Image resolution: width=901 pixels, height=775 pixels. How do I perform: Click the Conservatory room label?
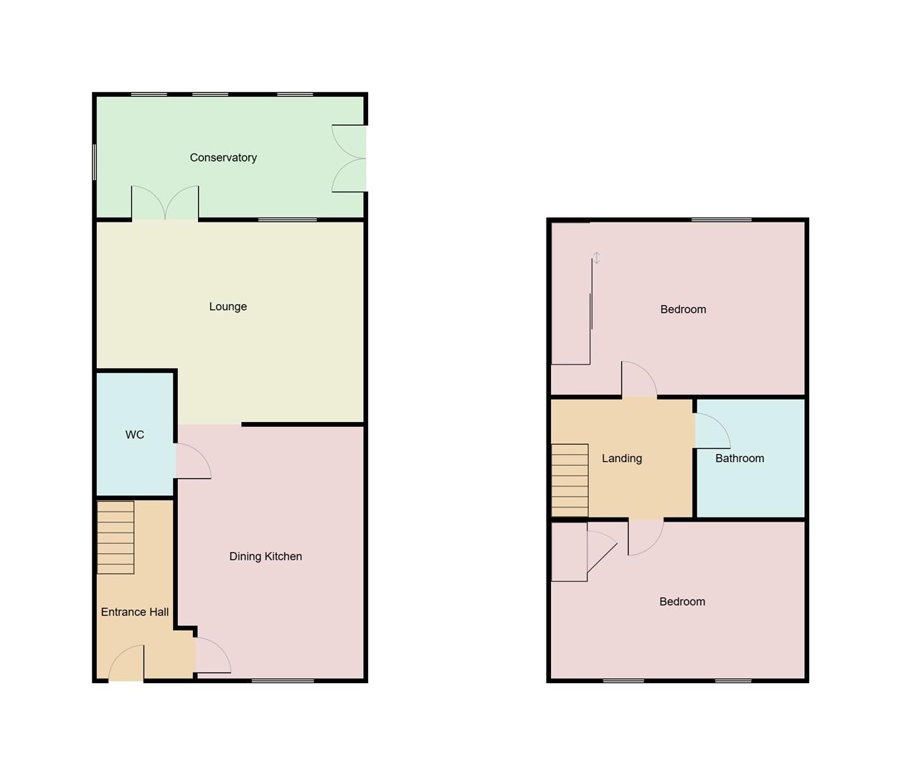223,158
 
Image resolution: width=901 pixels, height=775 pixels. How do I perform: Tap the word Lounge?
228,306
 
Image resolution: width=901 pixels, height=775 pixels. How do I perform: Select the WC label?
135,435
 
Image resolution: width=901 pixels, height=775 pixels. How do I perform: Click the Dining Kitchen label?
265,556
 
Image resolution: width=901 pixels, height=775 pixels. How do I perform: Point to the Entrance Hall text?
135,612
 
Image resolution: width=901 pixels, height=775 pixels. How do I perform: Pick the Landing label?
622,459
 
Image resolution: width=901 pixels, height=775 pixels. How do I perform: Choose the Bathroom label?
740,459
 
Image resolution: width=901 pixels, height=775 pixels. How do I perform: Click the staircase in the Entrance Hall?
115,537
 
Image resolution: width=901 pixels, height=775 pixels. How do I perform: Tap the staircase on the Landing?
570,481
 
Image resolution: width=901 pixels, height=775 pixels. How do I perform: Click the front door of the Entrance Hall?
127,664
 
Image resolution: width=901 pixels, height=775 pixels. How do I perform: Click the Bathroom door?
712,431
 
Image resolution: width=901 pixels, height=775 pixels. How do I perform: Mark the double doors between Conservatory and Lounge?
165,203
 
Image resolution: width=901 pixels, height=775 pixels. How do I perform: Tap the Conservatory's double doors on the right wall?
349,159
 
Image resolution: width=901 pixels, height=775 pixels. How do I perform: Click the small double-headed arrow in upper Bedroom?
596,258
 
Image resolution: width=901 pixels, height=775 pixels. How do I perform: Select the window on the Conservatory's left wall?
95,162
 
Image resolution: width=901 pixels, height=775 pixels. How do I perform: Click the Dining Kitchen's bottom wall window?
283,680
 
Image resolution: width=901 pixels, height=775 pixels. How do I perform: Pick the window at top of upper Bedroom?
722,220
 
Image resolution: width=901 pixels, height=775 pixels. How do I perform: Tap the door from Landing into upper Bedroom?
639,380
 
